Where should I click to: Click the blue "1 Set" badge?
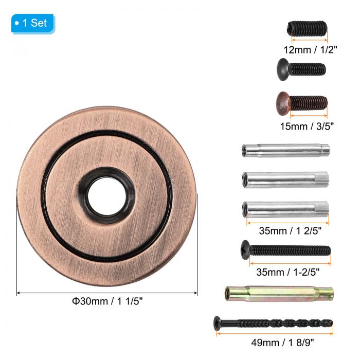point(33,24)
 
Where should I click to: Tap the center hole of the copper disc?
point(107,196)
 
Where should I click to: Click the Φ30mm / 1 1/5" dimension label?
point(107,301)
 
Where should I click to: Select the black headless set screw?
point(307,29)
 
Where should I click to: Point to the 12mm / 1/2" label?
point(311,50)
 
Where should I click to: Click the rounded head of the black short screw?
point(283,69)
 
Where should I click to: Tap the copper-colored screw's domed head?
point(283,103)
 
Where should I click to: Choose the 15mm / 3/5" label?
point(307,127)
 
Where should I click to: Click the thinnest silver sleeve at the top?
point(285,150)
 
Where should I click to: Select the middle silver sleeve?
point(285,179)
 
